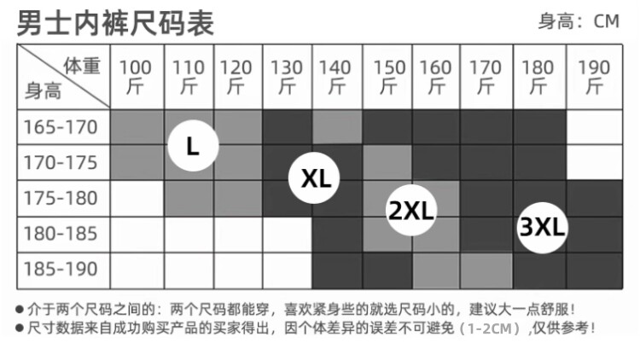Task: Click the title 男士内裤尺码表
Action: click(116, 22)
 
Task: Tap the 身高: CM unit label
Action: click(578, 21)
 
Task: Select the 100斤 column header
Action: click(137, 76)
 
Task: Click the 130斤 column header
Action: click(287, 76)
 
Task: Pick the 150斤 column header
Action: click(389, 76)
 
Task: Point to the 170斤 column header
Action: click(486, 76)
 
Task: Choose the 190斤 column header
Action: click(594, 76)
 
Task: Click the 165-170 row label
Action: click(61, 128)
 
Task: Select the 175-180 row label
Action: click(61, 198)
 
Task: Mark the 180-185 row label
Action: click(61, 233)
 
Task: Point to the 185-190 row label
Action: click(61, 269)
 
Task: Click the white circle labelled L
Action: click(193, 146)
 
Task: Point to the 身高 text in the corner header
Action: click(42, 90)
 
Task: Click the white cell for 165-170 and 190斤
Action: click(594, 128)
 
